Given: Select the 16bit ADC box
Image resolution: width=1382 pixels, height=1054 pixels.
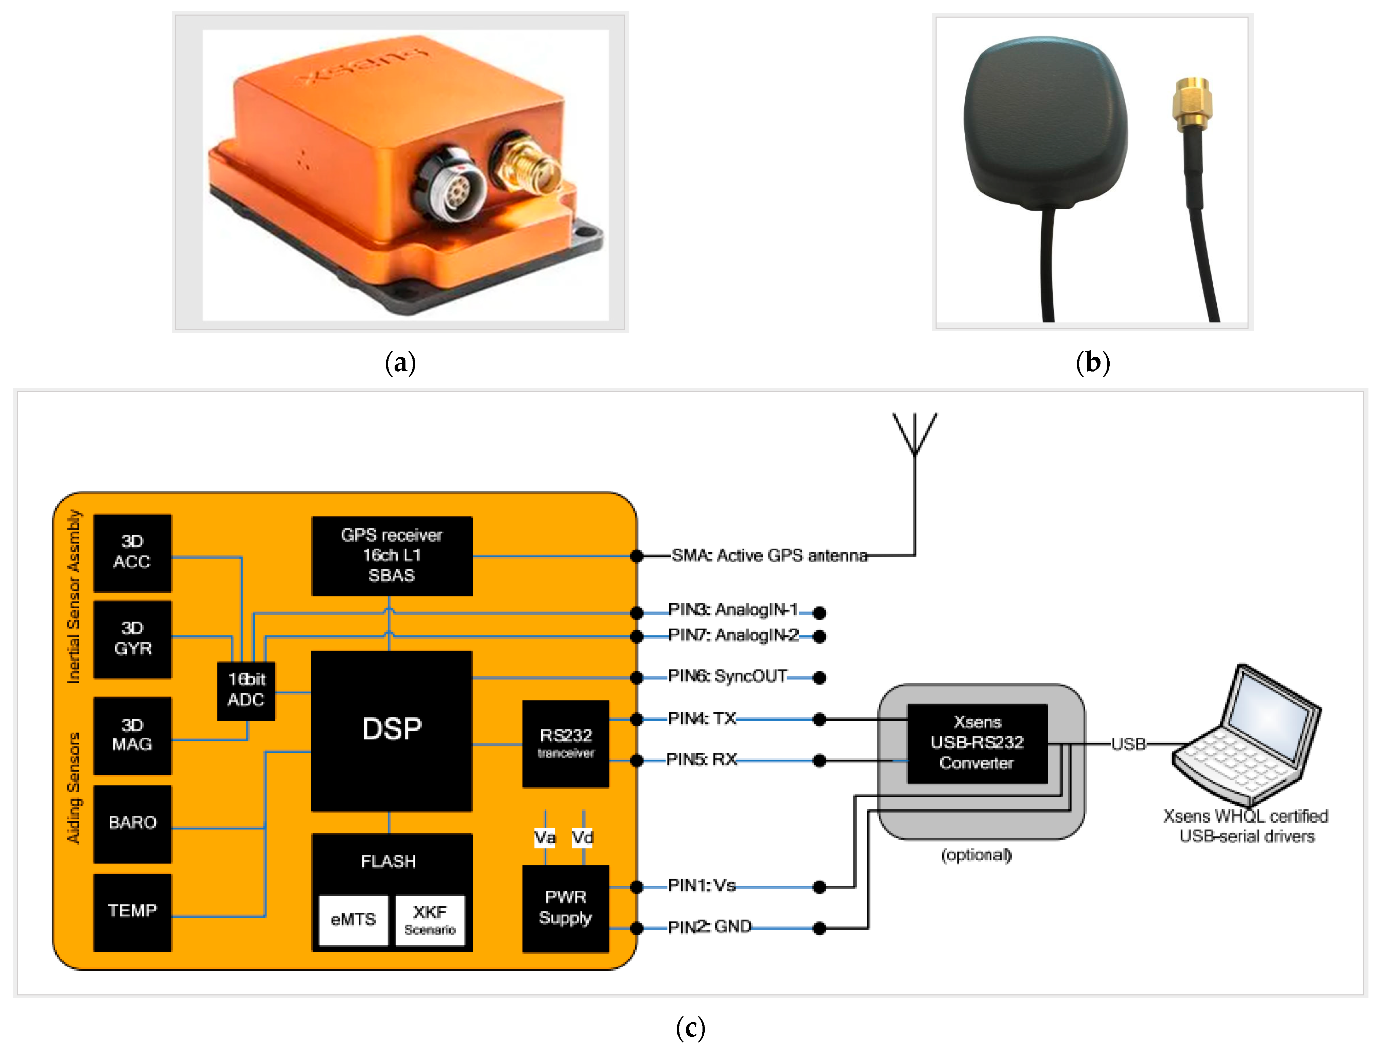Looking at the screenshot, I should [246, 690].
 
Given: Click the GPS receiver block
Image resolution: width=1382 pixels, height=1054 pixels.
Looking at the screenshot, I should [392, 555].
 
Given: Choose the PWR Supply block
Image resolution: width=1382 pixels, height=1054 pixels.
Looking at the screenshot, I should [565, 907].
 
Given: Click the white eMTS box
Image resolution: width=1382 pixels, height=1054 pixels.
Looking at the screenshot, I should [353, 920].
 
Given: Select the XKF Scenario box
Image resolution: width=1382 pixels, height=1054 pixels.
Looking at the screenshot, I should [430, 920].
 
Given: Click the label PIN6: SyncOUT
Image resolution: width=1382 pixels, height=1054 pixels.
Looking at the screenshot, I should [727, 676].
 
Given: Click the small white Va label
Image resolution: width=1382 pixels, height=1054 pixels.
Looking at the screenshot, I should [545, 838].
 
